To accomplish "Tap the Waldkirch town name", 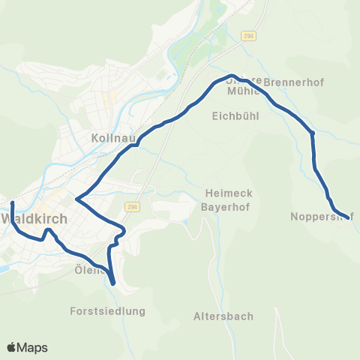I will pos(34,219).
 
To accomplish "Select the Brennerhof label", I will pos(294,82).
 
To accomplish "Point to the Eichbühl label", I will pos(235,116).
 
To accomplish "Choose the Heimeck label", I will pos(229,192).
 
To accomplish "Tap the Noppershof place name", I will pos(321,217).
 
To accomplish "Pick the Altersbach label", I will pos(223,316).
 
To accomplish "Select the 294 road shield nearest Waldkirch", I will pos(133,207).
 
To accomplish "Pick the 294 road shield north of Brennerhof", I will pos(248,35).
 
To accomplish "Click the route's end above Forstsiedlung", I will pos(112,283).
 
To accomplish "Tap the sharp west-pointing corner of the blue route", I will pos(77,199).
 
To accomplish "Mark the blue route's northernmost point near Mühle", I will pos(231,76).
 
